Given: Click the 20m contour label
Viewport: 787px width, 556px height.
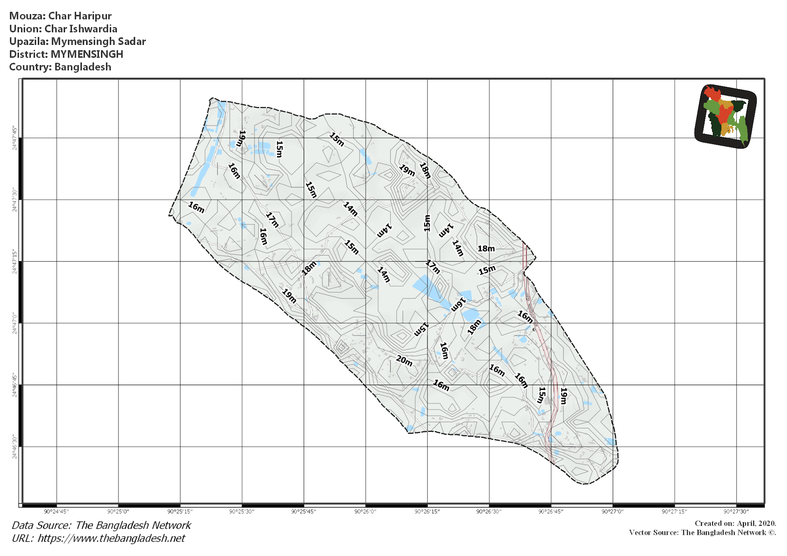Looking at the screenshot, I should coord(404,361).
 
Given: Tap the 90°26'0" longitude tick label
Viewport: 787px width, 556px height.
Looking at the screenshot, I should coord(365,511).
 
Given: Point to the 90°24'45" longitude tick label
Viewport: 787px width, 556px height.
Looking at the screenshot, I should coord(56,511).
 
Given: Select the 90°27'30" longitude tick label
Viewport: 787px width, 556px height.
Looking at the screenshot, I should coord(736,511).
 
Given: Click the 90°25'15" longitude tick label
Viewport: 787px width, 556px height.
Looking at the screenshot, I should coord(180,511).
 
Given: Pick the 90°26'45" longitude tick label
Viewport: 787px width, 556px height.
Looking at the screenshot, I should coord(551,511).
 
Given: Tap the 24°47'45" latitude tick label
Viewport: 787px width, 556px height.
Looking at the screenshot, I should coord(15,138).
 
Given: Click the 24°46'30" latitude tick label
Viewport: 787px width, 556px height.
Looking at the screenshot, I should coord(15,447).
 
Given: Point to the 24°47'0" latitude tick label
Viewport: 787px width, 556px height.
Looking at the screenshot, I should coord(15,323).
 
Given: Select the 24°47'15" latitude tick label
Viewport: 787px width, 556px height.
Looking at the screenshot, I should coord(15,261).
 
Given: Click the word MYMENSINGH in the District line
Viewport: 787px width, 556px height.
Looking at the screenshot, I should coord(87,54).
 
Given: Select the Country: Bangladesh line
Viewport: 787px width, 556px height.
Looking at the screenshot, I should coord(60,67).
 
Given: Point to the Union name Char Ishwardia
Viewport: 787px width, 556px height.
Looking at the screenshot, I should coord(81,29).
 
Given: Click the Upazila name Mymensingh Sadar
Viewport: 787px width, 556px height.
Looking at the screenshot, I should coord(98,41).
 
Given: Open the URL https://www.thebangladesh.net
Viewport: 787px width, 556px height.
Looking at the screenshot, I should coord(111,538).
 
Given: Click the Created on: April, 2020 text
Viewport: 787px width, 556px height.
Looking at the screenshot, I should coord(735,523).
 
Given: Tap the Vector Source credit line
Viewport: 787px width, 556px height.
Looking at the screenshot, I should coord(702,533).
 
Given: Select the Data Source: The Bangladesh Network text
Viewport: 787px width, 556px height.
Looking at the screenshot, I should coord(101,525).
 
